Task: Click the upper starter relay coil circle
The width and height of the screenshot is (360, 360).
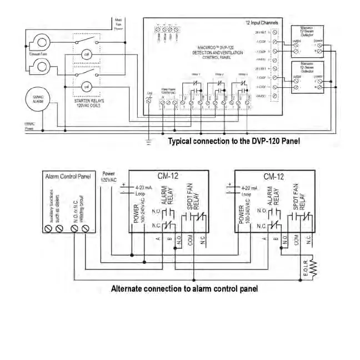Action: pos(87,54)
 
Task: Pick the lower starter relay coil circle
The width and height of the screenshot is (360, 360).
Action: pos(87,86)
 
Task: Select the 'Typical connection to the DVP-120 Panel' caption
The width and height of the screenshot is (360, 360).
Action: pos(234,142)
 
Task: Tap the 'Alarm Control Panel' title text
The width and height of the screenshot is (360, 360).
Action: pos(67,176)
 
